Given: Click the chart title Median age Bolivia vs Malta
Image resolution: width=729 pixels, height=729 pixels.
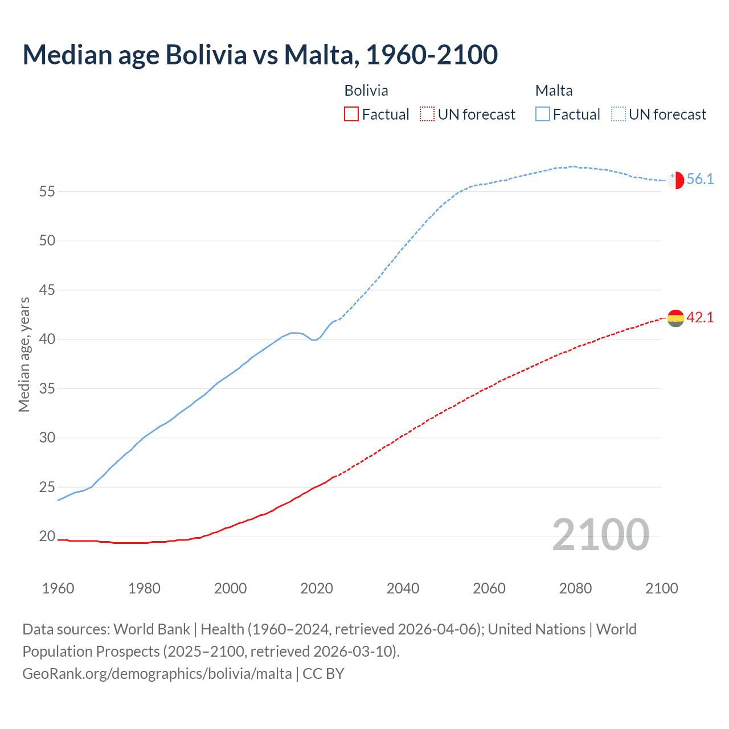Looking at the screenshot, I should (260, 55).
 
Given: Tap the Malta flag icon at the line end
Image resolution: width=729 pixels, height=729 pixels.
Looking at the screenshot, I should (675, 180).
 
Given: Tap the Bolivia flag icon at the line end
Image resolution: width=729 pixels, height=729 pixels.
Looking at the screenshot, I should (675, 318).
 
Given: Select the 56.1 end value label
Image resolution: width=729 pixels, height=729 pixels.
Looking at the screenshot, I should (700, 179).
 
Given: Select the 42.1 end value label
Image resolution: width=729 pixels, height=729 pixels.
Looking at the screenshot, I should (700, 318).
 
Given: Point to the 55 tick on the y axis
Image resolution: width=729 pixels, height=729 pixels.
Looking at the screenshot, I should (47, 191).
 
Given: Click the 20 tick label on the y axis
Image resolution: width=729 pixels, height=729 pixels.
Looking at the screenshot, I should (47, 536).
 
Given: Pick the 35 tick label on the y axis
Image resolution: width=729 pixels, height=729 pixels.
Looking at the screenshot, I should (47, 389).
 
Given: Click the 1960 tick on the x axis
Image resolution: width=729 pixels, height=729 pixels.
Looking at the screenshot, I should (58, 588).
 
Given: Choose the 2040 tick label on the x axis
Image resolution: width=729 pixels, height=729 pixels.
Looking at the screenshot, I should (403, 588).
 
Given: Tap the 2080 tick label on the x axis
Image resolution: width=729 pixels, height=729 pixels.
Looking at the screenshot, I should (575, 588).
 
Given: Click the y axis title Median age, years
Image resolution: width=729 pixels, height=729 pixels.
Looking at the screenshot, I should (24, 354).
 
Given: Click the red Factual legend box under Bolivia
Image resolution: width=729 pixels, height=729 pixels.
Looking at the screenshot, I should (351, 114).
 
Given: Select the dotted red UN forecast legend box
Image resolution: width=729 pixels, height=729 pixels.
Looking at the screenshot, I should (427, 114).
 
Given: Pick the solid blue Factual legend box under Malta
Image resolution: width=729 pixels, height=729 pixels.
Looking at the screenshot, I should (543, 114).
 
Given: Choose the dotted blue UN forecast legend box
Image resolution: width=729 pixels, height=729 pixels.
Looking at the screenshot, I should (619, 114).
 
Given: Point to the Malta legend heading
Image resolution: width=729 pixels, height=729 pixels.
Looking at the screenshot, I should (554, 91).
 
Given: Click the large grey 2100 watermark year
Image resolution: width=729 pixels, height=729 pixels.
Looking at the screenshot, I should (600, 535).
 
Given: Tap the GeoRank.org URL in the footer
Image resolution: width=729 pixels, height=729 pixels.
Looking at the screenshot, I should (157, 674).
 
